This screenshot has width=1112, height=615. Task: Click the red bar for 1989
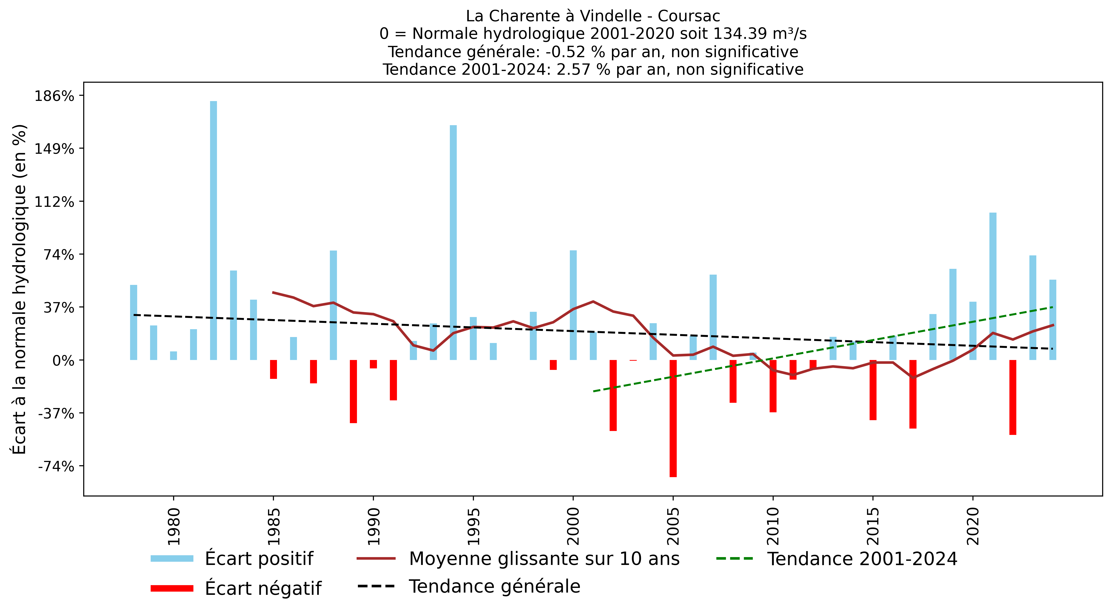353,391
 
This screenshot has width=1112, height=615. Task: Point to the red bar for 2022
1013,397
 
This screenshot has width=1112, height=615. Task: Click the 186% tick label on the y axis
54,96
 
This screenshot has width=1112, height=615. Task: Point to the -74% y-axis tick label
56,466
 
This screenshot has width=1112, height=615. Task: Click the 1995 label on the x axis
474,526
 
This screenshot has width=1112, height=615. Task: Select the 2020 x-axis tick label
973,526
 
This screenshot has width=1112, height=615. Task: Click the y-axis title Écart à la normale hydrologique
19,289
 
